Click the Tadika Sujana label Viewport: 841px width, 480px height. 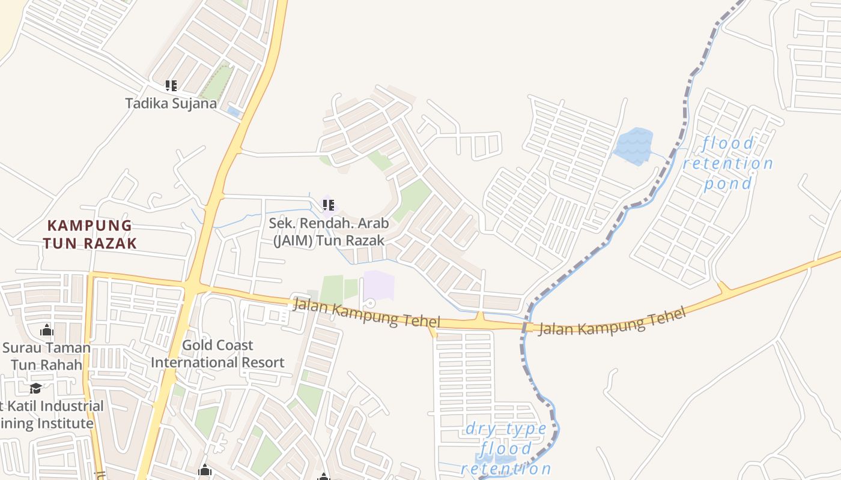(171, 103)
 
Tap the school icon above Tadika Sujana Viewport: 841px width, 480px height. (171, 86)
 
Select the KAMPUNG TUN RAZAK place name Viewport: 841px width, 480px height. (90, 234)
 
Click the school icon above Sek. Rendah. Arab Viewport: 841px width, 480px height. (328, 205)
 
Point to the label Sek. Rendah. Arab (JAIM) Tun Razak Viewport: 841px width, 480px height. (329, 232)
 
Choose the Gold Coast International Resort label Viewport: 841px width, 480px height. (217, 354)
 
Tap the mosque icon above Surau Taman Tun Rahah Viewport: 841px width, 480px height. (47, 330)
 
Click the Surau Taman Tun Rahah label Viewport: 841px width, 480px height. (47, 356)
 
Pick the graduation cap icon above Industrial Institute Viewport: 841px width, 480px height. (36, 388)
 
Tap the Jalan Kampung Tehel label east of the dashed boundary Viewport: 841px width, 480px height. (612, 322)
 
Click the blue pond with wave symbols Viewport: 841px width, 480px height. (633, 146)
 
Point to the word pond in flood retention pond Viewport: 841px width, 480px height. (728, 184)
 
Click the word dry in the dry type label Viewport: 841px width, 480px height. (481, 428)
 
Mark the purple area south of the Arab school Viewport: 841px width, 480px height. (378, 286)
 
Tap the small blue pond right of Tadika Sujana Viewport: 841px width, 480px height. (234, 112)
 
